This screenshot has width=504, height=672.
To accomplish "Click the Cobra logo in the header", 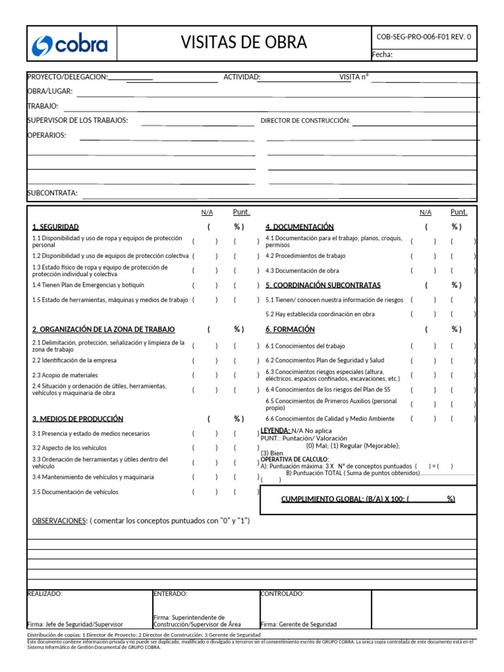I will pyautogui.click(x=70, y=45).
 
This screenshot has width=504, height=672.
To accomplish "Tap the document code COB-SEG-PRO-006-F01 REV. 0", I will pyautogui.click(x=423, y=37).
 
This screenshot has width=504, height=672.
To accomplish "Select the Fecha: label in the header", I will pyautogui.click(x=382, y=54).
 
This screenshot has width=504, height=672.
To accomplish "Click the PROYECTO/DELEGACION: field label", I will pyautogui.click(x=67, y=77).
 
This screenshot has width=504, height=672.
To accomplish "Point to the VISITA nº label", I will pyautogui.click(x=354, y=77).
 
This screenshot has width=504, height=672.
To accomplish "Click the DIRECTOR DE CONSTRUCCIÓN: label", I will pyautogui.click(x=305, y=121).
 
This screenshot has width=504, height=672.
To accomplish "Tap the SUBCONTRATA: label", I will pyautogui.click(x=52, y=193).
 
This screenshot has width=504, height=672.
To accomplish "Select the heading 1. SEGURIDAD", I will pyautogui.click(x=56, y=226).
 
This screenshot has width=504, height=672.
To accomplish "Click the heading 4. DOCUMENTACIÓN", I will pyautogui.click(x=299, y=226).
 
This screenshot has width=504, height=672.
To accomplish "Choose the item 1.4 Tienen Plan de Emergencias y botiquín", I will pyautogui.click(x=88, y=285).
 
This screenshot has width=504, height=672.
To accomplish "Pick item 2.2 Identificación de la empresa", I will pyautogui.click(x=74, y=360).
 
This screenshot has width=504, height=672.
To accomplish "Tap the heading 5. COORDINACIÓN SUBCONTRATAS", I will pyautogui.click(x=323, y=285).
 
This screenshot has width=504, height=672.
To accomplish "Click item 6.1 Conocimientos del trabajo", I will pyautogui.click(x=305, y=346).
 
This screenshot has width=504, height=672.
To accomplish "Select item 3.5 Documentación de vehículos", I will pyautogui.click(x=75, y=492).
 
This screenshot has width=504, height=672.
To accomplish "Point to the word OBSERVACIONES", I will pyautogui.click(x=59, y=521).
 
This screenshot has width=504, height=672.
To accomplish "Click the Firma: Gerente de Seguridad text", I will pyautogui.click(x=299, y=624).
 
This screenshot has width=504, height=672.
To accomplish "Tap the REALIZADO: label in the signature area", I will pyautogui.click(x=45, y=593).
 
